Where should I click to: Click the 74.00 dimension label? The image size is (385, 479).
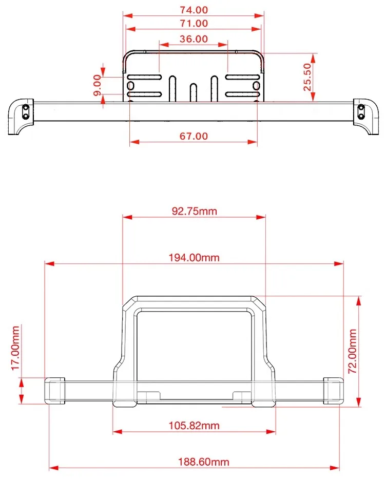[x=194, y=10]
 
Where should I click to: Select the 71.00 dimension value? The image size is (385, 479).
[x=194, y=23]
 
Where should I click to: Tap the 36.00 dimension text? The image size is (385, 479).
[x=194, y=39]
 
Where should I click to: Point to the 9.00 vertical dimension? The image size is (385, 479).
[x=97, y=85]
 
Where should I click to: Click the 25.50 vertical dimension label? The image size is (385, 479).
[x=307, y=77]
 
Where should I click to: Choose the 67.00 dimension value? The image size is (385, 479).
[x=194, y=136]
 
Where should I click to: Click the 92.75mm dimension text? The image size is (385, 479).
[x=195, y=211]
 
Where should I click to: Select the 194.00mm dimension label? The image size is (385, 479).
[x=195, y=258]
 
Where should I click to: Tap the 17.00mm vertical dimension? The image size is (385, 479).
[x=15, y=348]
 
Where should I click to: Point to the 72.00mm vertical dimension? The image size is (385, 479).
[x=353, y=351]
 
